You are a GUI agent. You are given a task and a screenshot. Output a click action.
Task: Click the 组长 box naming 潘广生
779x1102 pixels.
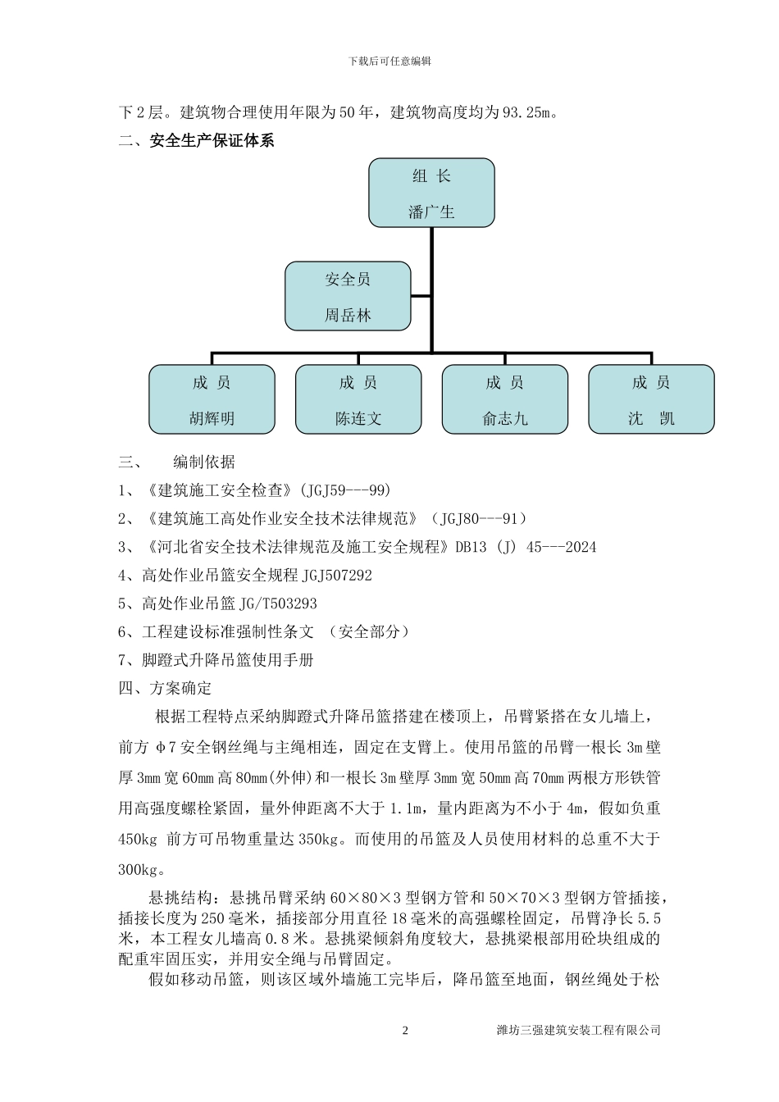coord(431,194)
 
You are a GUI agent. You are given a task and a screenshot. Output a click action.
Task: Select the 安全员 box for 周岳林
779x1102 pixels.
coord(348,296)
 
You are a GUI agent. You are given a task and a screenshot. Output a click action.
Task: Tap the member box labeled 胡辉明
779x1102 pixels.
coord(212,399)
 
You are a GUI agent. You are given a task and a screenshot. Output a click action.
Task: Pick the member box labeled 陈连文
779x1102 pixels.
coord(358,399)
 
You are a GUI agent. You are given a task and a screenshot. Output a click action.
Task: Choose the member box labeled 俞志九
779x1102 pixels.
coord(504,399)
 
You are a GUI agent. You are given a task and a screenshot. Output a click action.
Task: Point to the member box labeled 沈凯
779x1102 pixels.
coord(651,399)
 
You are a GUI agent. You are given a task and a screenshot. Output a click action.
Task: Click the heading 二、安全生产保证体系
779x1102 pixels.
coord(197,141)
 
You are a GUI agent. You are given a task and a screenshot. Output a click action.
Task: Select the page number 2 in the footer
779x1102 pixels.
coord(405,1030)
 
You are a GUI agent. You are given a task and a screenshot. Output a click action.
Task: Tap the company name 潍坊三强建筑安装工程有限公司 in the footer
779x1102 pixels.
coord(579,1030)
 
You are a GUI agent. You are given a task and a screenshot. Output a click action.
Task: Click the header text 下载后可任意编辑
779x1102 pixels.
coord(389,61)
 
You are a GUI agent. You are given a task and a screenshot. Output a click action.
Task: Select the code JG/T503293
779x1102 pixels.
coord(278,603)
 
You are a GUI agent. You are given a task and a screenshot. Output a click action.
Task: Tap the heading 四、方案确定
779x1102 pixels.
coord(165,688)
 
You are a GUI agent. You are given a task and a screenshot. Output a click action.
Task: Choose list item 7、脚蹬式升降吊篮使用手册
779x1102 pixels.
coord(216,660)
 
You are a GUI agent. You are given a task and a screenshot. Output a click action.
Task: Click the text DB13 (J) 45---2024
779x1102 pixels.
coord(526,547)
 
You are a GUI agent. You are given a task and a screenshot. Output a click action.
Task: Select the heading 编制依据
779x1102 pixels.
coord(203,462)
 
